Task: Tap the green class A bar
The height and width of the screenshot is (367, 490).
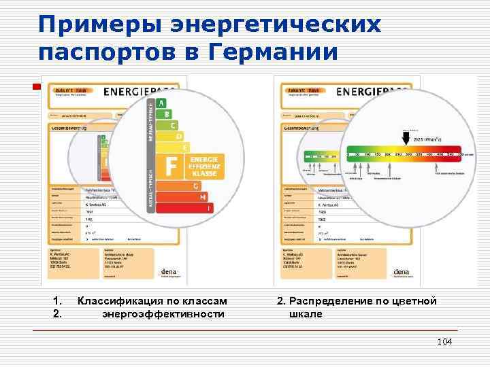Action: click(161, 103)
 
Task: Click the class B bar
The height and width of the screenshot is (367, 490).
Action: click(165, 114)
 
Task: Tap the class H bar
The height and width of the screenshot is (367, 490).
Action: click(202, 197)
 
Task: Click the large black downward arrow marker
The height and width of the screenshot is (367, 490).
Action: click(406, 139)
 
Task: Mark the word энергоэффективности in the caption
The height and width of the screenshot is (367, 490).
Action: click(163, 314)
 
